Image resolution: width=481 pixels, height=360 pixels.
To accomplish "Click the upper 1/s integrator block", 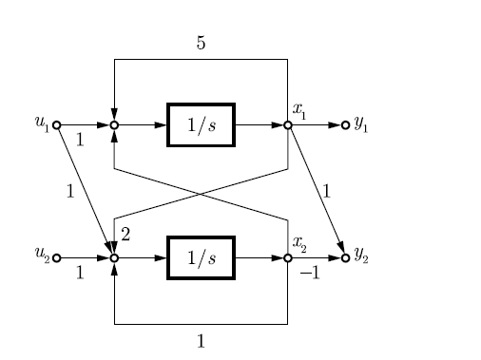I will (201, 124).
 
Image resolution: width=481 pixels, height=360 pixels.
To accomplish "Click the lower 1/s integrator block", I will (201, 257).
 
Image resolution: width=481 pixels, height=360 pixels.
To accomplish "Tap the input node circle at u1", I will (56, 124).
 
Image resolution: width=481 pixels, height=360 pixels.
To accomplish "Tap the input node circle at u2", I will (56, 257).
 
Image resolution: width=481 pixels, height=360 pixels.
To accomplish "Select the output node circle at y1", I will (345, 124).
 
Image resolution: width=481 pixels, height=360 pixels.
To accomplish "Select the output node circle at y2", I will (345, 257).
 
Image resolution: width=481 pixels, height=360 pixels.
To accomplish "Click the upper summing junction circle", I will (114, 124).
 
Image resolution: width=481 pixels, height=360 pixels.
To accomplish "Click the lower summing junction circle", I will (114, 257).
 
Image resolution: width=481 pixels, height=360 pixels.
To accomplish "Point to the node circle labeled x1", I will (287, 124).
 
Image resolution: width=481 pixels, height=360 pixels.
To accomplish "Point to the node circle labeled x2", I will (287, 257).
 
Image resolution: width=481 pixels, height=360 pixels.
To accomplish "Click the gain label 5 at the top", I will (201, 44).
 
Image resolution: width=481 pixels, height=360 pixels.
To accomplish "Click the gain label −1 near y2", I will (309, 274).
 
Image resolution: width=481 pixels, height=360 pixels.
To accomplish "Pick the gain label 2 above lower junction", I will (125, 234).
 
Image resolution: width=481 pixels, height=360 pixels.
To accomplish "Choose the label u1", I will (42, 122).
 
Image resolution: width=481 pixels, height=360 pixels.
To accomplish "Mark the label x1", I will (299, 110).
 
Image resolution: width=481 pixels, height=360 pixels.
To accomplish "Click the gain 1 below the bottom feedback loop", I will (201, 340).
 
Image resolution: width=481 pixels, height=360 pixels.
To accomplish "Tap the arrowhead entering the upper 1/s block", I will (163, 124).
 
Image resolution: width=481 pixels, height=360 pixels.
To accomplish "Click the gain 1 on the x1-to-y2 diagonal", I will (326, 191).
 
